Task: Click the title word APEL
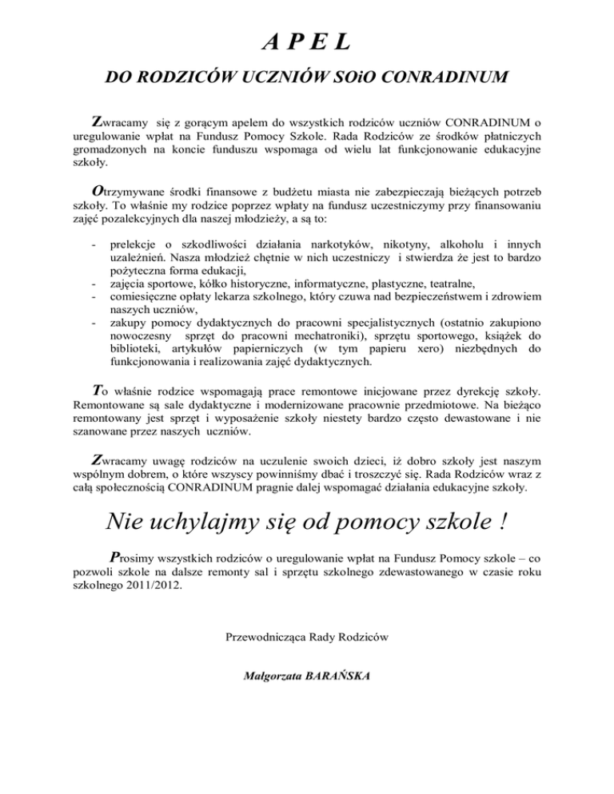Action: coord(307,39)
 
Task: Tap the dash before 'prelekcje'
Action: coord(95,243)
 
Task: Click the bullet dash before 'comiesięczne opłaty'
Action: coord(95,296)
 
